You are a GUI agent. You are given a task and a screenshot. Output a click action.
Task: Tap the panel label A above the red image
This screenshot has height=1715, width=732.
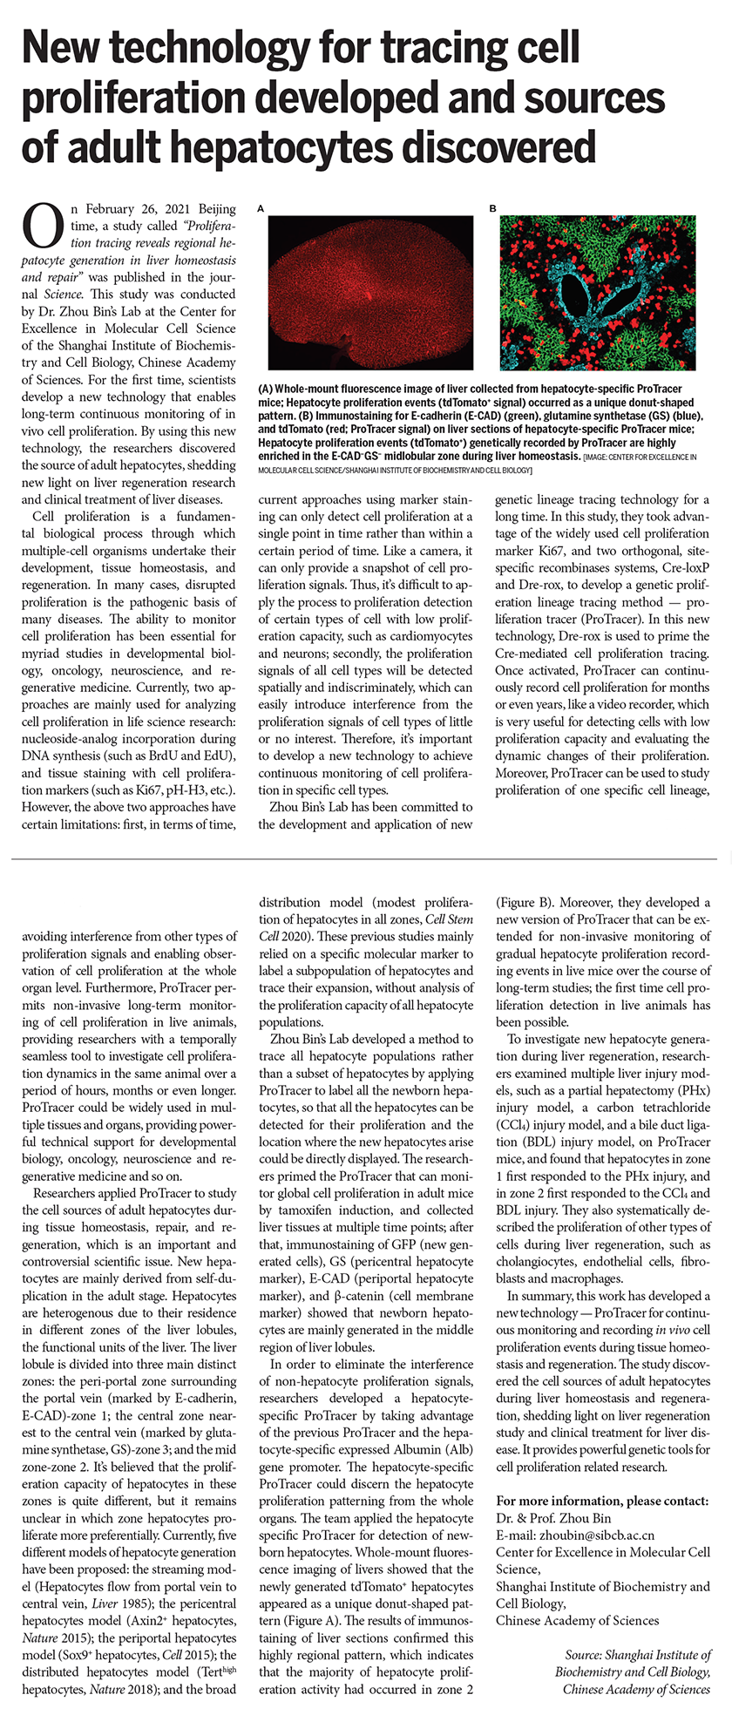click(261, 209)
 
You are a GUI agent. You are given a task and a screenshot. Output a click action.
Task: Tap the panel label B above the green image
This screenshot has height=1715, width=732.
click(492, 209)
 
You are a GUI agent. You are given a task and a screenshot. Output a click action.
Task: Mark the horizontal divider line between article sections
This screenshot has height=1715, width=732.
click(366, 860)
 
